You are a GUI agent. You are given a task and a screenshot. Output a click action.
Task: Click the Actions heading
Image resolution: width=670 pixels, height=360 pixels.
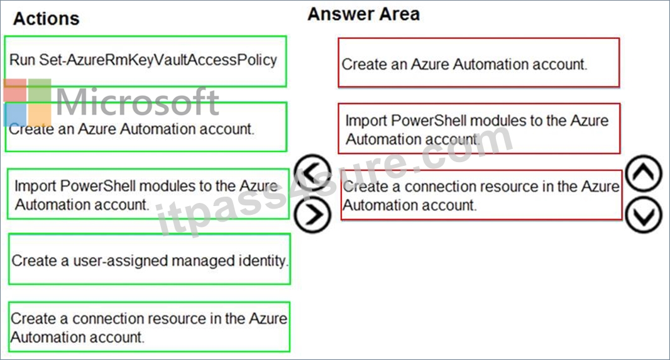coord(46,19)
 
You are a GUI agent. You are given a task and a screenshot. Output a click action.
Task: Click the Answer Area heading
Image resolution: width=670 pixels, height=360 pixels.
coord(364,14)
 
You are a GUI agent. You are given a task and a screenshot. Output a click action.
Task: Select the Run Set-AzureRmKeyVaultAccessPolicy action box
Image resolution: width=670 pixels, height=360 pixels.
coord(145,62)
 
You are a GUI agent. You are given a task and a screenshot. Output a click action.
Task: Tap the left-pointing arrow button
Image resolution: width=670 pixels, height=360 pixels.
coord(313,172)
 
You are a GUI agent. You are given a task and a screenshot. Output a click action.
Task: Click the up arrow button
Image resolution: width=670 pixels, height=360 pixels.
coord(644,173)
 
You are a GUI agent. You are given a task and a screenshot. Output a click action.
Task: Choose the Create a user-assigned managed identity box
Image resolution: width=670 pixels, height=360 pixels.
coord(150,259)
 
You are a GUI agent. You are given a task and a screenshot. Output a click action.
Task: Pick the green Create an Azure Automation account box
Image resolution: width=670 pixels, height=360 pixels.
coord(146,127)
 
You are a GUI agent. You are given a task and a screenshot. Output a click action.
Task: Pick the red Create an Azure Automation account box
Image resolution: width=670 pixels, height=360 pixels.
coord(478,63)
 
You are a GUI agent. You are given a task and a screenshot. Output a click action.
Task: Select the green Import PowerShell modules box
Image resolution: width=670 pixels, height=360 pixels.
coord(148,194)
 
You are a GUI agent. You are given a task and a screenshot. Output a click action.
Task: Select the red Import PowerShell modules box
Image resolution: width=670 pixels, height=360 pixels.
coord(479,129)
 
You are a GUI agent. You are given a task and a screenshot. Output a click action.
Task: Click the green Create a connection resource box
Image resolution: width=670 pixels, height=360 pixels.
coord(149,327)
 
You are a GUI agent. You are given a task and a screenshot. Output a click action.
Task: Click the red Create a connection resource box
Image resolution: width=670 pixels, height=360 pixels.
coord(481,195)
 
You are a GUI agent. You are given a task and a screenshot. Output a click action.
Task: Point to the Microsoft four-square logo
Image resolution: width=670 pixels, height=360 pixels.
coord(28,102)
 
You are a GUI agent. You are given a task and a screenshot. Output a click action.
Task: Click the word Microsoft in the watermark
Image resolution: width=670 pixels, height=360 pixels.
coord(138,102)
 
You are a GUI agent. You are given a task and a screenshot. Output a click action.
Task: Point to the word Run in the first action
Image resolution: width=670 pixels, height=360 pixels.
coord(22,60)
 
